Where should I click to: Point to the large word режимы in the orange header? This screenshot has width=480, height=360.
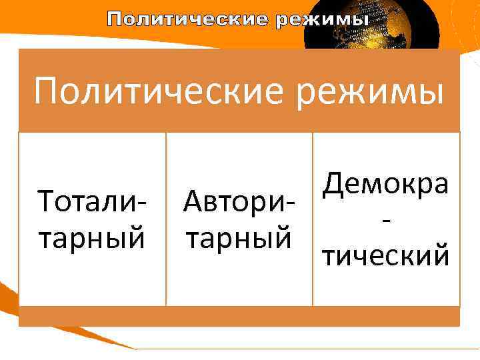377,91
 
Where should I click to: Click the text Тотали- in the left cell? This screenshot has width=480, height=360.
92,201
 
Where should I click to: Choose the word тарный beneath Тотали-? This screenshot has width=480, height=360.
92,237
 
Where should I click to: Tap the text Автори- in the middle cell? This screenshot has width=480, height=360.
237,201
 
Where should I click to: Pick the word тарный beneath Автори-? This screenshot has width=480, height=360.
237,237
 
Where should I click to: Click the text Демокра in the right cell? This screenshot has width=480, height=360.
386,183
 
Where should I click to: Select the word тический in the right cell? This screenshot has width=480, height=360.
386,255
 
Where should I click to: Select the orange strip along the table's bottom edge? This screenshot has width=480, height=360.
239,316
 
